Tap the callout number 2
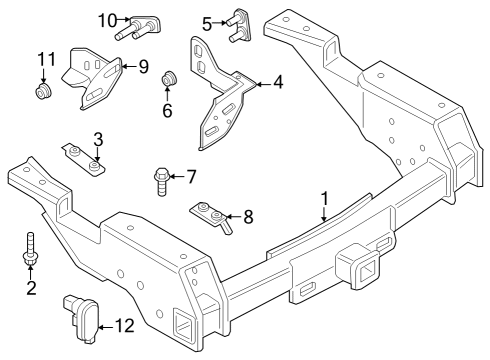31,289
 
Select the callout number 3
98,138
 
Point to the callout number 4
278,83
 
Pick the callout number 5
207,22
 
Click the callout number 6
168,111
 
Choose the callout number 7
191,178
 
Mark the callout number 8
249,214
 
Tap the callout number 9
143,67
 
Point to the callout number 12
123,325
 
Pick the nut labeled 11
43,94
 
